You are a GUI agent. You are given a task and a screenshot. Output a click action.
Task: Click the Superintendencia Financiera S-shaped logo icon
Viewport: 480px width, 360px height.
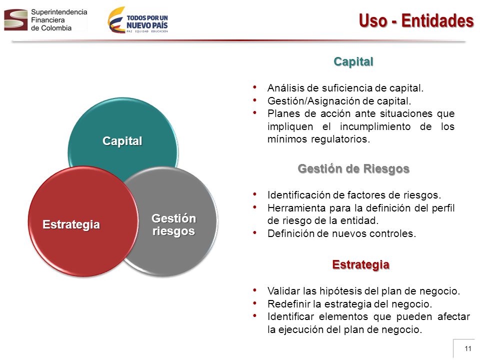click(16, 20)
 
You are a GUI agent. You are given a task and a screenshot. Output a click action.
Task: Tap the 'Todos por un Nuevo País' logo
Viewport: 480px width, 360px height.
click(138, 20)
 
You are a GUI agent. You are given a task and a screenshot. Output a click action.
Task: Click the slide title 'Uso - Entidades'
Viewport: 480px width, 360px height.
click(416, 21)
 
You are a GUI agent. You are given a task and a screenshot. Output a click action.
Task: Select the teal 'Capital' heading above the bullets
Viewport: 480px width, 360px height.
click(353, 61)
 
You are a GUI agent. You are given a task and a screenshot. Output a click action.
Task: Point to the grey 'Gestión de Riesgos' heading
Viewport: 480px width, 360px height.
click(353, 168)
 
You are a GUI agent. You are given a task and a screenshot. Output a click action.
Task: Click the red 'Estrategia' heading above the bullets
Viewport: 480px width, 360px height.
click(360, 264)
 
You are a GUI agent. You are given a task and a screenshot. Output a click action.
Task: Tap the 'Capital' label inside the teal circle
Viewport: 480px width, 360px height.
click(122, 141)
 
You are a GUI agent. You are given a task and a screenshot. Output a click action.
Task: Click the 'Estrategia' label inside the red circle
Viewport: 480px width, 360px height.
click(71, 224)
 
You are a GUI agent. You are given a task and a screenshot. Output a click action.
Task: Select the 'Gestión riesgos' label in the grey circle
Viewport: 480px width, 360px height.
click(173, 224)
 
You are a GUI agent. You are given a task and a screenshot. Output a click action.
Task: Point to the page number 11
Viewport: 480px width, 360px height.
click(468, 348)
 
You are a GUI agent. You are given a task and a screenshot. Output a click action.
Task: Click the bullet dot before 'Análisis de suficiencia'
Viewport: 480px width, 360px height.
click(254, 87)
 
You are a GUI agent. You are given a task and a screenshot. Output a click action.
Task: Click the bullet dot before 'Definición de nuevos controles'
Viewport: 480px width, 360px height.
click(254, 232)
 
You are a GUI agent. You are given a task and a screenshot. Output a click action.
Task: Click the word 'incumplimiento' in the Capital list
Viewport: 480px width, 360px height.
click(375, 126)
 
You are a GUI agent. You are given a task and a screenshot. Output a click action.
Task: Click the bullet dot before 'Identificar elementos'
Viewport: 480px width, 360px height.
click(254, 315)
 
